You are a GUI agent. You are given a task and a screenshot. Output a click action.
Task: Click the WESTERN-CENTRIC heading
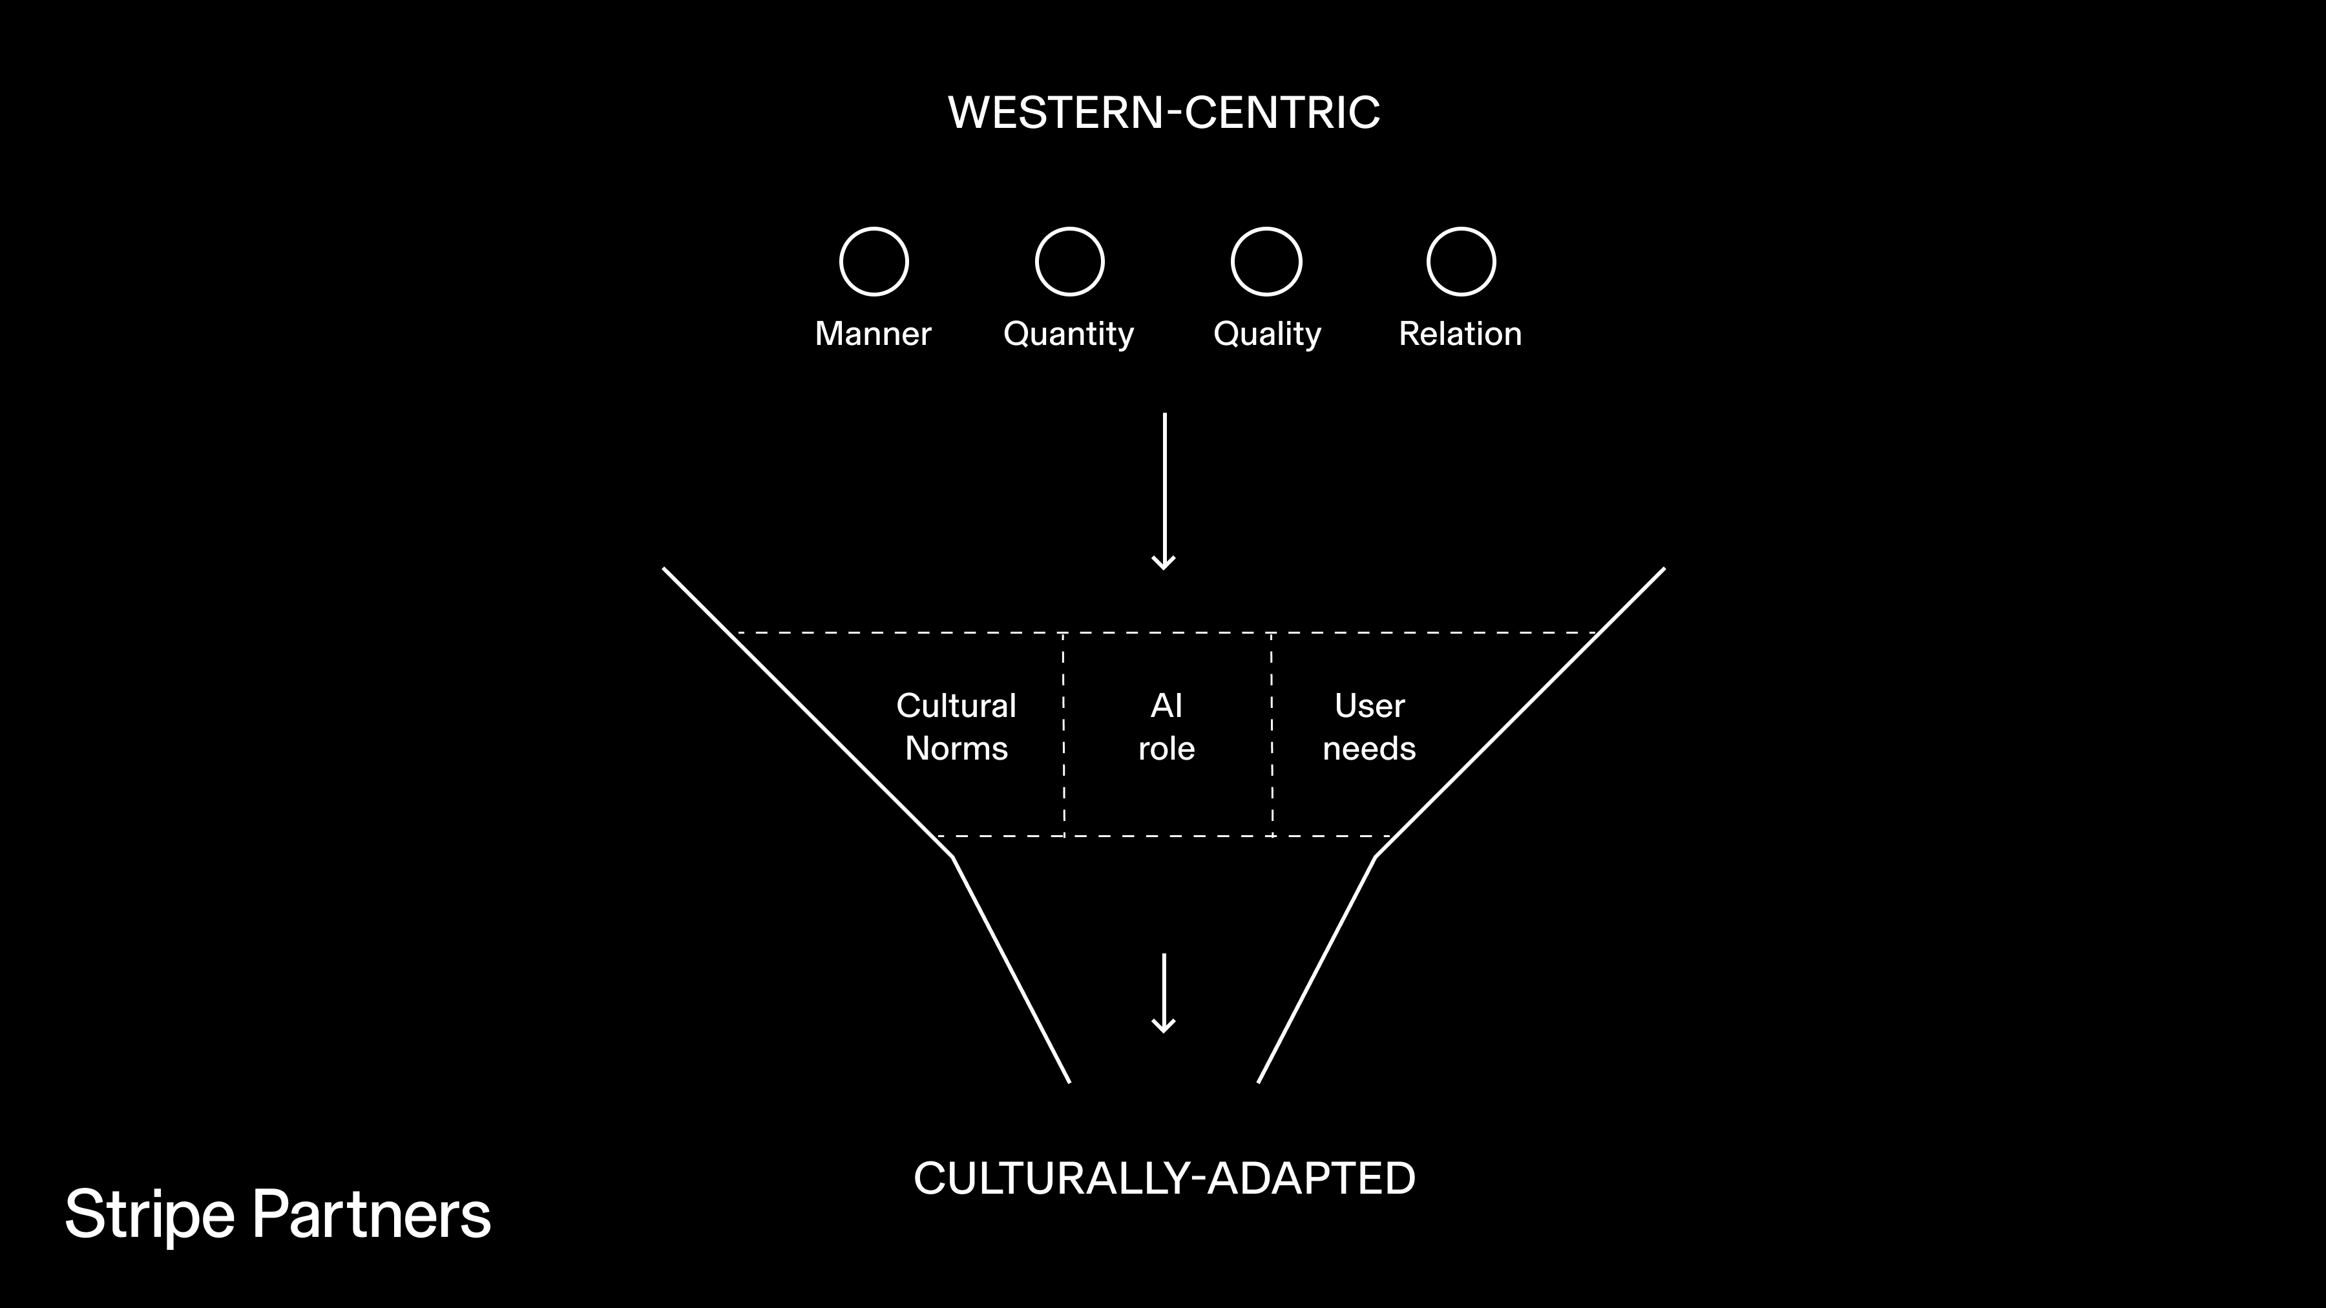[1163, 113]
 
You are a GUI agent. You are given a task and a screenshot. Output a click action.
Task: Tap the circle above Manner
[873, 262]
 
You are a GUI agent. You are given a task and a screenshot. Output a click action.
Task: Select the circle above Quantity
[1069, 262]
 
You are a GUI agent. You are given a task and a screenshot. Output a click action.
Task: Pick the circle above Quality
[1266, 262]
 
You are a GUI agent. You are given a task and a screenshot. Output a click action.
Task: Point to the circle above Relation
[1460, 262]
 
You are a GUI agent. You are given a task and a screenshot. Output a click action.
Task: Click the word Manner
[872, 334]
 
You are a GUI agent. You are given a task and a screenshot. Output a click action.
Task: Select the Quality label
[1267, 335]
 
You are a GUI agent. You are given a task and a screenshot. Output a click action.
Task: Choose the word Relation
[1460, 334]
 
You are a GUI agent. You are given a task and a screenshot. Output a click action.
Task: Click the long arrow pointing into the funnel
[1164, 492]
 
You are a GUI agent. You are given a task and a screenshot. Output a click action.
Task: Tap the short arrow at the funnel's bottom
[1164, 993]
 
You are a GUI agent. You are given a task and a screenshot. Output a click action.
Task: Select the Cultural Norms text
[956, 727]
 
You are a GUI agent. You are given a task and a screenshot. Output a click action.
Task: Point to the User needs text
[1369, 727]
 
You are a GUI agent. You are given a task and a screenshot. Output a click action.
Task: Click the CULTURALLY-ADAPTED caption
[1164, 1179]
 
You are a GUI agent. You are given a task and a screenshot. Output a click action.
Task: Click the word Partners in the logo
[371, 1215]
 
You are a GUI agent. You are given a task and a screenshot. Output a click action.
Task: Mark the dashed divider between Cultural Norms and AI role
[1063, 735]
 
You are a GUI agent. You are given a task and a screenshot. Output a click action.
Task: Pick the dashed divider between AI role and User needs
[1272, 735]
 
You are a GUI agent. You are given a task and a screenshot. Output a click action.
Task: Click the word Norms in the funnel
[956, 749]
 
